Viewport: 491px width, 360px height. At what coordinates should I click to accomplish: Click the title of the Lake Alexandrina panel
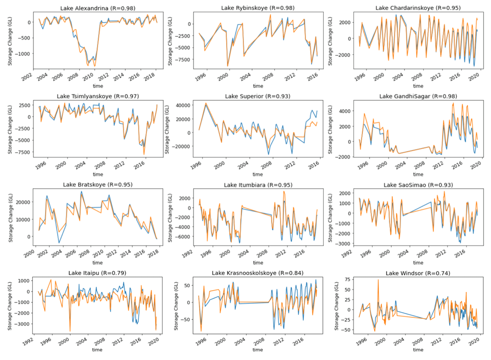coord(98,8)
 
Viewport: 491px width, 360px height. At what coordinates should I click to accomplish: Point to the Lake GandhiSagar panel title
coord(418,96)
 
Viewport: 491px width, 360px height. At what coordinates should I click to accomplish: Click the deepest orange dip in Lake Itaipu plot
coord(70,331)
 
